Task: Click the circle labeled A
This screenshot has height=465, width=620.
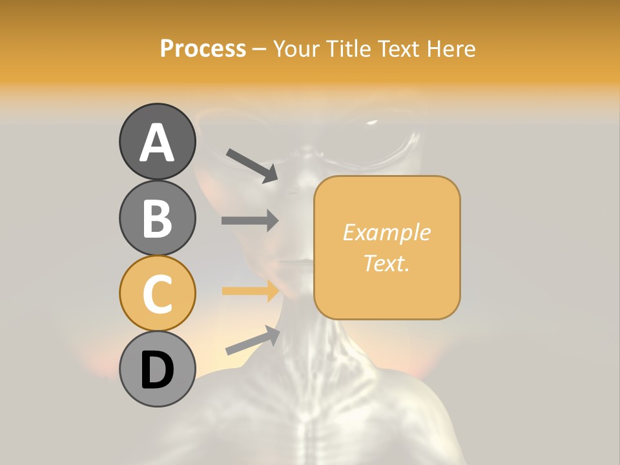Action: tap(157, 141)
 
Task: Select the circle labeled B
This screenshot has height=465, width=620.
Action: tap(157, 218)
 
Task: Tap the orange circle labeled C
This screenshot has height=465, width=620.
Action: tap(157, 293)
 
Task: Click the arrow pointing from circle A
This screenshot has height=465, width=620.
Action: tap(252, 165)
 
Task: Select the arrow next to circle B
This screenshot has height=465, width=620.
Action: tap(250, 220)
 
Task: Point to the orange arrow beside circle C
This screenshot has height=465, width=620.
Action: tap(250, 291)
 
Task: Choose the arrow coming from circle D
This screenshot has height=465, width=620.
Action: tap(253, 340)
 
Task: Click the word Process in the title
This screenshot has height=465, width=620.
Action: tap(203, 48)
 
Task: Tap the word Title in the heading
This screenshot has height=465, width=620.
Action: tap(348, 48)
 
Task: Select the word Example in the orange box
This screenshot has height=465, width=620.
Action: tap(386, 232)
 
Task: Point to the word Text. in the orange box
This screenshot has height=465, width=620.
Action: tap(386, 263)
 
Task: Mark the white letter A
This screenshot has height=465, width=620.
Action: tap(157, 142)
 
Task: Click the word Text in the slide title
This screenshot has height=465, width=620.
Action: tap(397, 48)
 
